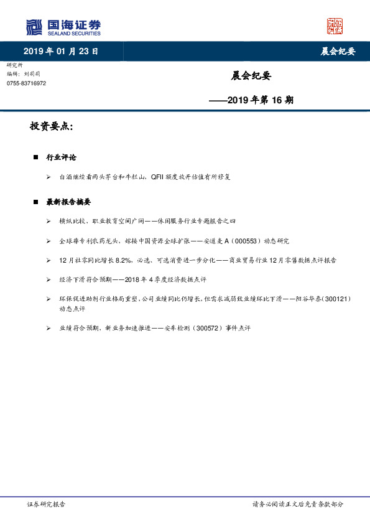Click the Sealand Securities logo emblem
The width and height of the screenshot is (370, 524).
[34, 27]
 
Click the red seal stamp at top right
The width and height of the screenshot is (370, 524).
[335, 26]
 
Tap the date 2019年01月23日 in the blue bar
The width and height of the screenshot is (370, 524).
[61, 51]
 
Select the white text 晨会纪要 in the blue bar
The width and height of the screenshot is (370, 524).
[338, 52]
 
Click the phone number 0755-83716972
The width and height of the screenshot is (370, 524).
[26, 83]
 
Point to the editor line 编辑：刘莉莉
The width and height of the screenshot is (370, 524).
[24, 74]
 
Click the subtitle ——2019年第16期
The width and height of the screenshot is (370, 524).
[251, 99]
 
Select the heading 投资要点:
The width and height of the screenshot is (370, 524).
[52, 126]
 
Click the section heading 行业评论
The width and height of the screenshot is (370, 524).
[62, 157]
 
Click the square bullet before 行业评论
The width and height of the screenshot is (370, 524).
[36, 157]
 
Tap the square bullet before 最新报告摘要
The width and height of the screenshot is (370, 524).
[36, 202]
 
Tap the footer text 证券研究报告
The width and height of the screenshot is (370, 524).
[46, 504]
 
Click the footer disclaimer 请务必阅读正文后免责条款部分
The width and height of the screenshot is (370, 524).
[297, 504]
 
